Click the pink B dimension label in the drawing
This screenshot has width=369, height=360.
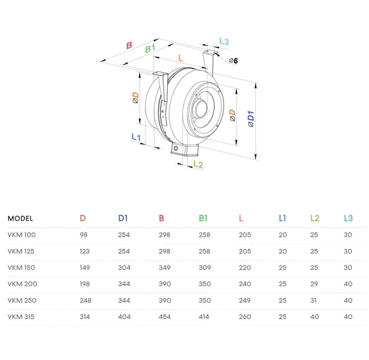[x=128, y=45]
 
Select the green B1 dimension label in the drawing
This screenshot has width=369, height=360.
[x=151, y=48]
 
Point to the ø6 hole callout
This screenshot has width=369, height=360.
[x=233, y=61]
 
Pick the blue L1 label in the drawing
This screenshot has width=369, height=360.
[x=136, y=136]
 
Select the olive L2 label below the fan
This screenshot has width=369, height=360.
[x=199, y=165]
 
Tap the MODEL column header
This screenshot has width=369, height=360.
[x=20, y=218]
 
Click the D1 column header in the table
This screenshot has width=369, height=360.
[x=123, y=218]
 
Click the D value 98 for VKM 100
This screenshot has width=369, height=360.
[x=84, y=234]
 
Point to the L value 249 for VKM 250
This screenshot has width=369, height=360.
[x=244, y=299]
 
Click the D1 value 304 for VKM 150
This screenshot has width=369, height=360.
[x=125, y=267]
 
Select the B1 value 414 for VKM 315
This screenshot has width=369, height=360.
[x=205, y=315]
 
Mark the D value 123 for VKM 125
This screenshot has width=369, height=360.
[x=85, y=250]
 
